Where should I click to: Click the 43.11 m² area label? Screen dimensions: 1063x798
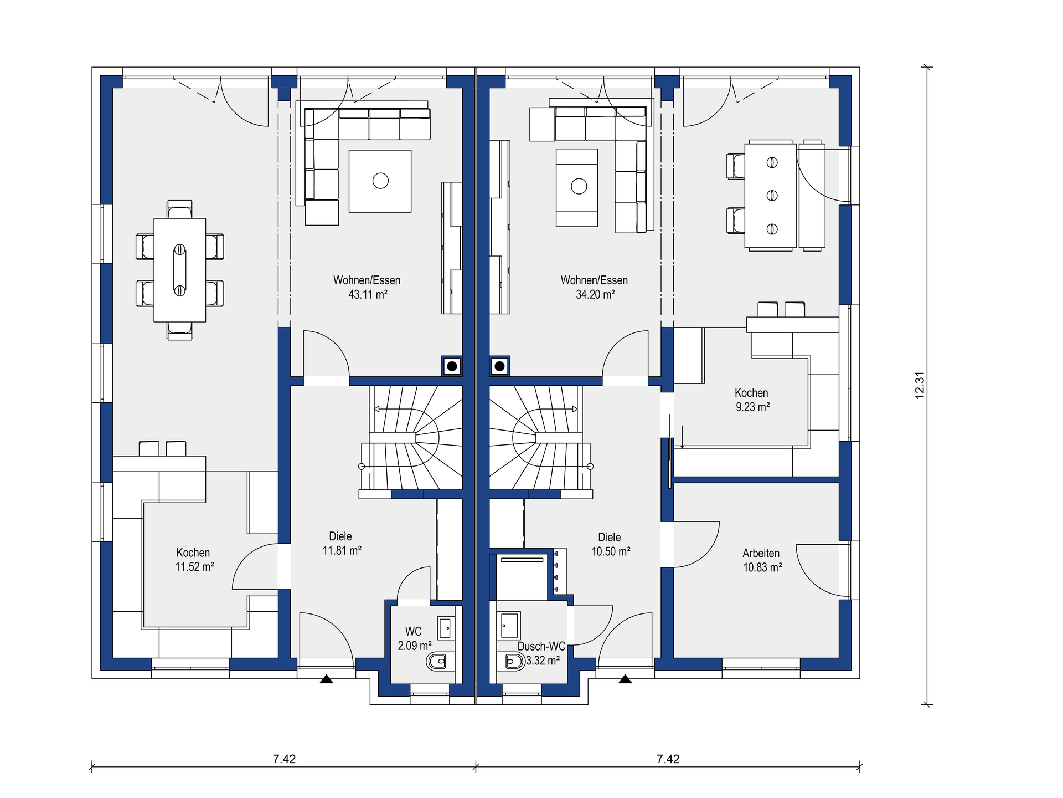(368, 295)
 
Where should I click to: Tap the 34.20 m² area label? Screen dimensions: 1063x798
(595, 295)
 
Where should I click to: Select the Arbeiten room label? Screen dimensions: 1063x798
(761, 553)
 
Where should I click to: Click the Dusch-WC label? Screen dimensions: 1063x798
(541, 646)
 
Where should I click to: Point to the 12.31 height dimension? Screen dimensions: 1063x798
(920, 385)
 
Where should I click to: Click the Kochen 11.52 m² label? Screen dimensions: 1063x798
(194, 560)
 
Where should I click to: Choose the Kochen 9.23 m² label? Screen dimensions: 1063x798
(752, 400)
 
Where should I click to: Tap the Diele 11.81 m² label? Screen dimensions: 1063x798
(342, 544)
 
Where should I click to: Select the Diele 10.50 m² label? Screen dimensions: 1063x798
(611, 544)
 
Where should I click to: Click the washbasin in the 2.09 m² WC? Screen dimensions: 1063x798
(446, 628)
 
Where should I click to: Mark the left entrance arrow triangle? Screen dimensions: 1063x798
(326, 679)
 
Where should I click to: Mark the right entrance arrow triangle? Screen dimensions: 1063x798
(625, 679)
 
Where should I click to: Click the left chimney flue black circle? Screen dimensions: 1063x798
(452, 366)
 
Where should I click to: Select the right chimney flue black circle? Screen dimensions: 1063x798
(499, 366)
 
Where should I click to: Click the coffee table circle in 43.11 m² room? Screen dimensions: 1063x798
(380, 181)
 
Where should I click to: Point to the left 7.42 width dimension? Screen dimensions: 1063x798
(284, 759)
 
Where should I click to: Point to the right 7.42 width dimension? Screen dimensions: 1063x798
(668, 759)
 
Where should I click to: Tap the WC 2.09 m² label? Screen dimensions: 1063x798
(414, 638)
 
